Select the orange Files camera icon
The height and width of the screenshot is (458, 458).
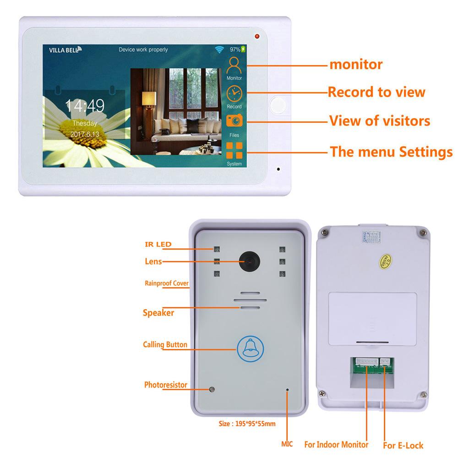tap(234, 120)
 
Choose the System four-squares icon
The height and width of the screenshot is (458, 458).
tap(234, 149)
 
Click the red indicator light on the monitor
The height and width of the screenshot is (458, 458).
tap(256, 36)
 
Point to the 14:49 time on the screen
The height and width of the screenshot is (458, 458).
tap(85, 106)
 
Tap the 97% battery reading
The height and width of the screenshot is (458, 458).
tap(235, 49)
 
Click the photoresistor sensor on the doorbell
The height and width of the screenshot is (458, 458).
tap(212, 390)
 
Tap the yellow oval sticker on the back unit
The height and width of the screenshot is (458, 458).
tap(384, 261)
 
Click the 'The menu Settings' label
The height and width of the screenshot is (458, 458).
tap(391, 152)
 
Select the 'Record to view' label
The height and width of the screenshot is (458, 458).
tap(376, 92)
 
